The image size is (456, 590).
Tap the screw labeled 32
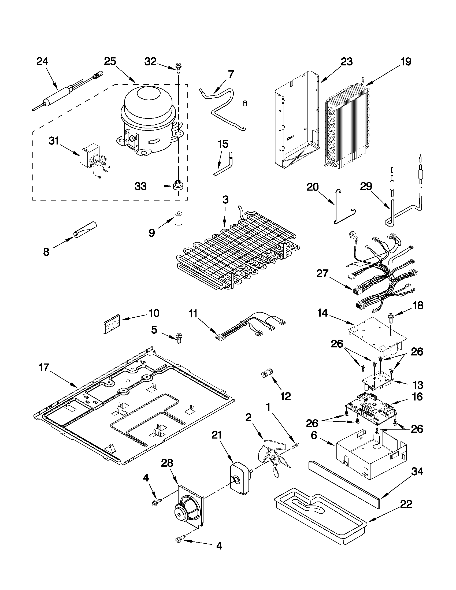click(x=179, y=67)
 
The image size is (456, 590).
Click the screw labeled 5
click(x=179, y=338)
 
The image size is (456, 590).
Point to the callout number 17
click(x=44, y=368)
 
